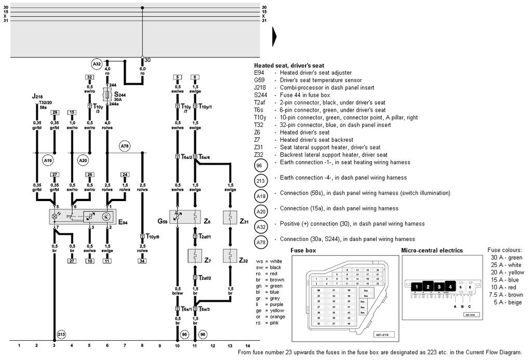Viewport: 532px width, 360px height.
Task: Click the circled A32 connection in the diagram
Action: (x=97, y=64)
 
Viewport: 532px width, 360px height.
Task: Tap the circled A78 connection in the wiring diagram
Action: (x=125, y=146)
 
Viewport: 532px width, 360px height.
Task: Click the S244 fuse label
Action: (x=120, y=96)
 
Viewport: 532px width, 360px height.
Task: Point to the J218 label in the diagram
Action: (x=38, y=97)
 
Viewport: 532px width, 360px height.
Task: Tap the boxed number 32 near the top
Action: (x=89, y=77)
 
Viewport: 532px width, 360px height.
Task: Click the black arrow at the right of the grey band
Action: (x=274, y=37)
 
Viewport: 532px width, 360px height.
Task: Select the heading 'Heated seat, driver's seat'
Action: (x=289, y=65)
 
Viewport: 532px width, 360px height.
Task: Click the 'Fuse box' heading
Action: (x=303, y=250)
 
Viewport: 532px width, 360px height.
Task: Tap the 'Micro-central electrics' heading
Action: (x=432, y=250)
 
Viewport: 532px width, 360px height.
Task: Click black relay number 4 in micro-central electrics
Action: (x=450, y=286)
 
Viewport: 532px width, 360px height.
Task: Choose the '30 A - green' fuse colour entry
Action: (x=506, y=258)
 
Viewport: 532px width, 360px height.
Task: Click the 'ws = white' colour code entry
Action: (x=270, y=261)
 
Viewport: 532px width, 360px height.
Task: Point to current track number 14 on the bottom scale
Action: (x=247, y=345)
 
